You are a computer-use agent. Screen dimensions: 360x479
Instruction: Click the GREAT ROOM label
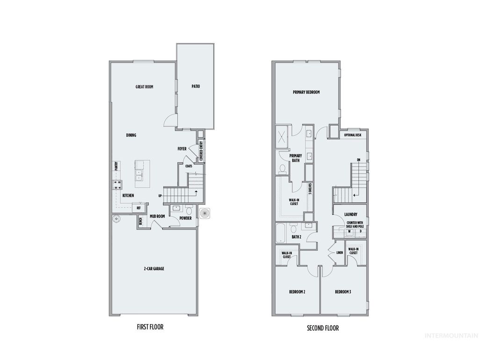point(145,87)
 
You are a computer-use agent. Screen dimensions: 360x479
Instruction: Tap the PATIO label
point(196,86)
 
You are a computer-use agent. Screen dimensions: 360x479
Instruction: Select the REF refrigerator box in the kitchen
point(138,207)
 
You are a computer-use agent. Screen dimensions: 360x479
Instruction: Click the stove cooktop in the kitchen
point(117,185)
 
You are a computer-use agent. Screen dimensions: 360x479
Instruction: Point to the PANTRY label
point(116,166)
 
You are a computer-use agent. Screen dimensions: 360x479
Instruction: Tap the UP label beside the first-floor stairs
point(160,196)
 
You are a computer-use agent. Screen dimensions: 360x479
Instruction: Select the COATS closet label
point(189,166)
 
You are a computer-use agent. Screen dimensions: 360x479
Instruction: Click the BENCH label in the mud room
point(140,221)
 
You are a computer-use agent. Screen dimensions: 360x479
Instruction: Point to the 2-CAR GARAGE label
point(153,269)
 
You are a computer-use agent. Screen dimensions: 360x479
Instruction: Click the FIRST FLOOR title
point(150,327)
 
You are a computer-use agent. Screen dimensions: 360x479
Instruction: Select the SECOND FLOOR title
point(323,328)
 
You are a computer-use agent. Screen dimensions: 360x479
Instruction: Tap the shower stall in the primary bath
point(282,135)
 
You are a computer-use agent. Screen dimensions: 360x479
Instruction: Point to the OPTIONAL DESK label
point(353,135)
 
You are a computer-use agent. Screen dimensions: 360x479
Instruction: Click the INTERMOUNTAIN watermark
point(450,336)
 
